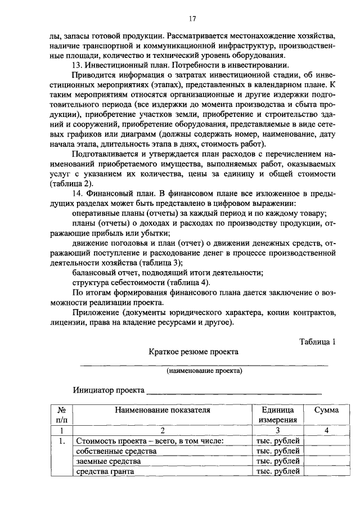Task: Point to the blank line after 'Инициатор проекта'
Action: pyautogui.click(x=234, y=391)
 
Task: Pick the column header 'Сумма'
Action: pyautogui.click(x=326, y=411)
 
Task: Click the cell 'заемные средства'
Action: pyautogui.click(x=109, y=461)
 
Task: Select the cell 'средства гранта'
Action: pyautogui.click(x=106, y=471)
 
